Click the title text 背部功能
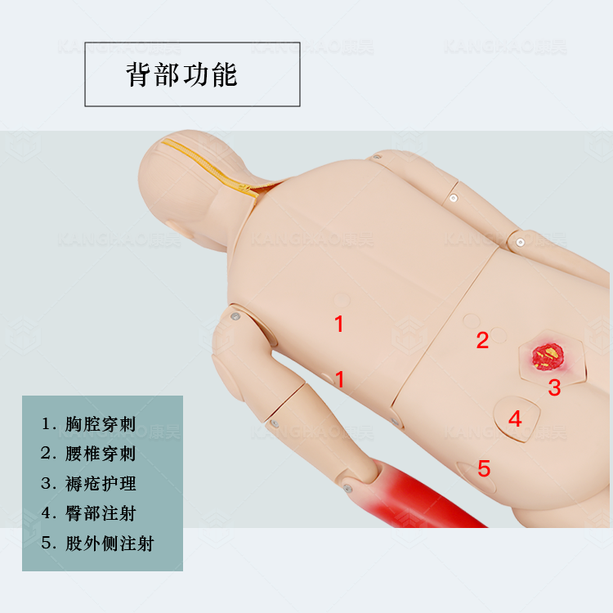(181, 74)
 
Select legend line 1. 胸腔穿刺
(89, 423)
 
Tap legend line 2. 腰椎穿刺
(89, 454)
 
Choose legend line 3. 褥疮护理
(89, 484)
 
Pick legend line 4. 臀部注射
(89, 513)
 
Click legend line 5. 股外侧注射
(98, 543)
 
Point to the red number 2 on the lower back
(482, 340)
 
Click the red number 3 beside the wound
(554, 387)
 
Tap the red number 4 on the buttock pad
(515, 418)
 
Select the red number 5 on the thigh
(484, 468)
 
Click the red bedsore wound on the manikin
(548, 356)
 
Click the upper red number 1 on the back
(339, 324)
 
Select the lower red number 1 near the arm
(339, 379)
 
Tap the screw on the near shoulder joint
(235, 316)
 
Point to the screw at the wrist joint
(347, 488)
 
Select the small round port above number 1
(342, 300)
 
